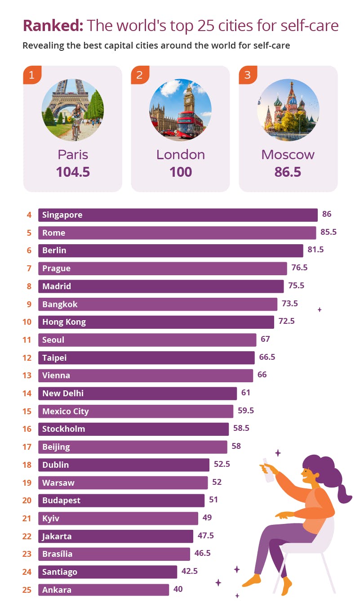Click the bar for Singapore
[x=178, y=215]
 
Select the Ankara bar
[x=103, y=590]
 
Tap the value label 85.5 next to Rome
[x=328, y=233]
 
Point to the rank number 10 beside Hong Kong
[x=27, y=322]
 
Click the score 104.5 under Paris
[x=73, y=172]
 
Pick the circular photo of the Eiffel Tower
[x=73, y=110]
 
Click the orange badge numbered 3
[x=248, y=75]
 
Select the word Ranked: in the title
[x=53, y=26]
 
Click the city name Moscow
[x=288, y=155]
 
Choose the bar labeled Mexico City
[x=135, y=411]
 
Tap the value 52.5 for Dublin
[x=222, y=464]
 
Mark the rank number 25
[x=27, y=590]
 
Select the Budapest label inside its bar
[x=61, y=500]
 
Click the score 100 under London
[x=181, y=172]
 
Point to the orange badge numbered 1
[x=32, y=75]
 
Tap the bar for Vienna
[x=145, y=376]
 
